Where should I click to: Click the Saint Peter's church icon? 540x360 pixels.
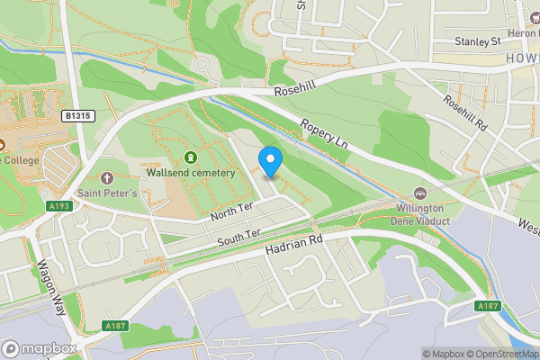pos(107,177)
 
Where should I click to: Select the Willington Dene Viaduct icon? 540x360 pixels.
pos(420,193)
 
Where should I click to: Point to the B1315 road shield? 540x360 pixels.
pos(79,116)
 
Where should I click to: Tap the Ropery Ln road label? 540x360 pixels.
pos(323,135)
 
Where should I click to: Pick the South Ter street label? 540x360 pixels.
pos(238,237)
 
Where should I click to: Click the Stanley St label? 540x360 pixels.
pos(477,41)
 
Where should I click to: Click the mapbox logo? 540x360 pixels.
pos(39,348)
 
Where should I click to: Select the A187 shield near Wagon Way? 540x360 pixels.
pos(114,325)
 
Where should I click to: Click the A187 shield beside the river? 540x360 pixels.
pos(487,307)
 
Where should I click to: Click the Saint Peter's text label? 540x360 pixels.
pos(107,193)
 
